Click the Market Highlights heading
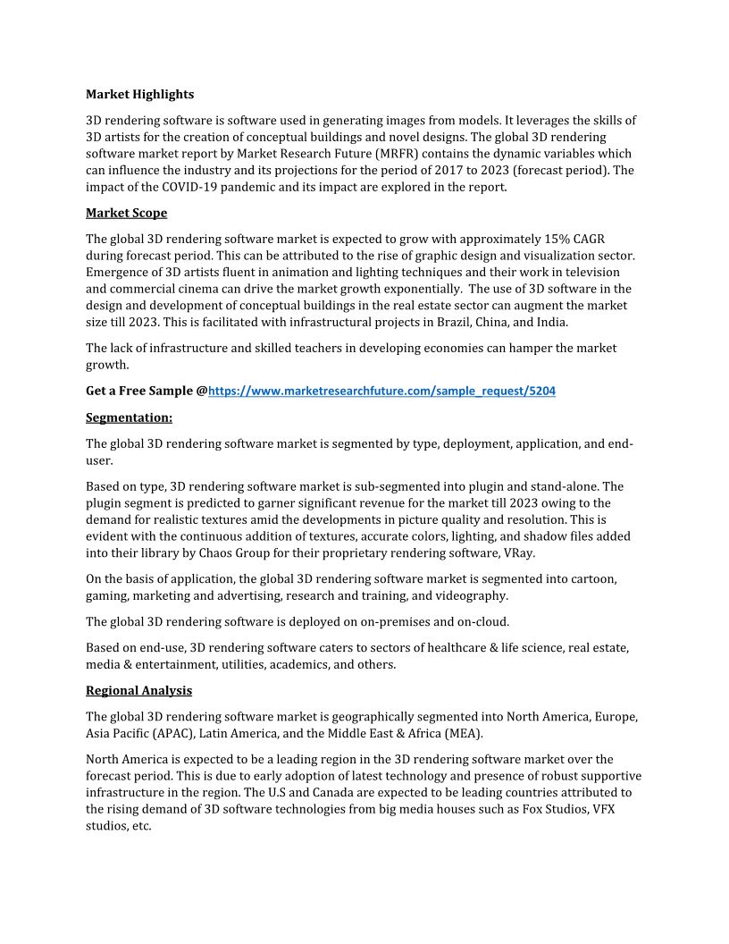[x=139, y=94]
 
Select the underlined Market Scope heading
[x=126, y=213]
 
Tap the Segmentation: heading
[x=129, y=417]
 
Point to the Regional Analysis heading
[x=138, y=690]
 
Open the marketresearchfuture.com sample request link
[x=381, y=391]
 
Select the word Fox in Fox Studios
[x=533, y=809]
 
